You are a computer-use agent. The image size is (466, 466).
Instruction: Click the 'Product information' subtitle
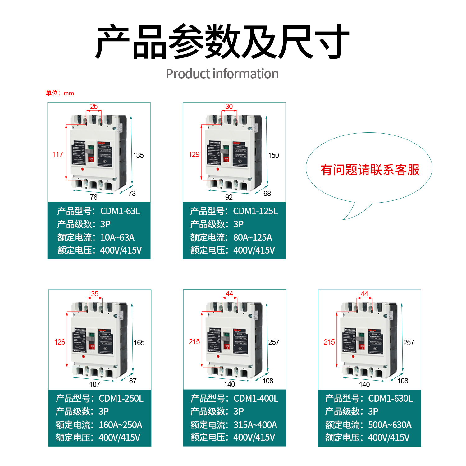pos(222,74)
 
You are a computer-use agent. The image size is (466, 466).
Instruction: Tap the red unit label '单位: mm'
pos(60,93)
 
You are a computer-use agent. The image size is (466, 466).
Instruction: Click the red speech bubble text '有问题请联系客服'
pos(370,170)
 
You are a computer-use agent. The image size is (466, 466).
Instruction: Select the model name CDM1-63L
pos(120,211)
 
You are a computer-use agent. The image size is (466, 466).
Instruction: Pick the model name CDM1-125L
pos(255,211)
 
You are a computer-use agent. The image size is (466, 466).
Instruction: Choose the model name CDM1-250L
pos(121,399)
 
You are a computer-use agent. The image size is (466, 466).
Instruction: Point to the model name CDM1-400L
pos(256,399)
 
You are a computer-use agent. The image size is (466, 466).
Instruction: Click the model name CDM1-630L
pos(391,399)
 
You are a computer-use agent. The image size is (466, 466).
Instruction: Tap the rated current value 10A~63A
pos(117,238)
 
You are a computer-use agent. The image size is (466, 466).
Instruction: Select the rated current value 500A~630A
pos(390,425)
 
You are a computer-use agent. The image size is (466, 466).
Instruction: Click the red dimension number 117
pos(57,154)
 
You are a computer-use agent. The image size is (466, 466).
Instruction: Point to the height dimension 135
pos(138,155)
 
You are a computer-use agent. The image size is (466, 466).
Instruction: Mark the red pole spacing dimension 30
pos(229,107)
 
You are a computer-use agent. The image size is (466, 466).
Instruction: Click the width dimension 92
pos(229,197)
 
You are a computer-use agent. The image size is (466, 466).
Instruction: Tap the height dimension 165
pos(139,343)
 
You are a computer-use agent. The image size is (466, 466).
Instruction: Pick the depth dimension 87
pos(133,381)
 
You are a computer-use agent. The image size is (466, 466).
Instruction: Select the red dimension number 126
pos(60,342)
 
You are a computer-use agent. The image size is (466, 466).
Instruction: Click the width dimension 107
pos(95,385)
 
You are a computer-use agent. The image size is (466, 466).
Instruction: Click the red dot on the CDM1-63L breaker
pos(83,169)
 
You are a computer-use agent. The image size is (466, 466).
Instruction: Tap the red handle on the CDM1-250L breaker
pos(92,346)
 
